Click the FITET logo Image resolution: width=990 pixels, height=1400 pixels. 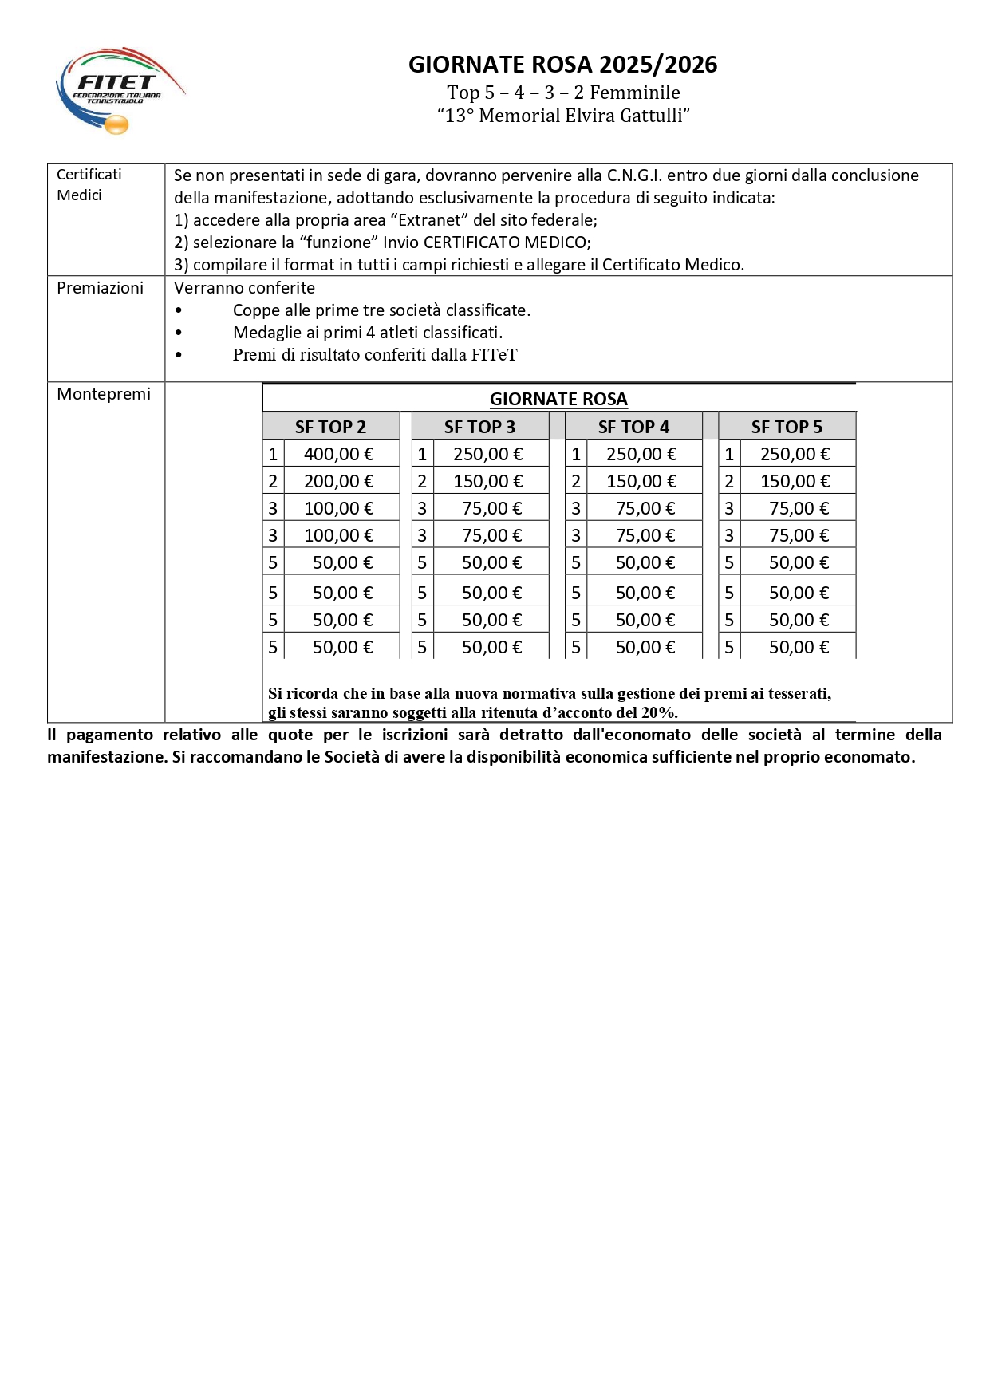(120, 89)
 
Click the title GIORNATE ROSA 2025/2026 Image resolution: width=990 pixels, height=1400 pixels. (562, 65)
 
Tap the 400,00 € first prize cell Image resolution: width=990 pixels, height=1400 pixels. (338, 454)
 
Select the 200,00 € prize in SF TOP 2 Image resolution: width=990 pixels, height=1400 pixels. (338, 481)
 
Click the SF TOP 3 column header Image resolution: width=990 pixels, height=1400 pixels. (479, 427)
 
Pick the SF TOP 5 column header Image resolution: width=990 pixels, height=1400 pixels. (787, 427)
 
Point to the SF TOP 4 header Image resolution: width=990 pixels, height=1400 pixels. (633, 427)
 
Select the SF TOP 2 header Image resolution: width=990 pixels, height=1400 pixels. (330, 427)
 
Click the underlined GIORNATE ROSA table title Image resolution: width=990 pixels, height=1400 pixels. (558, 399)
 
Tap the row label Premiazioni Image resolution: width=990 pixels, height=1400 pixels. (100, 288)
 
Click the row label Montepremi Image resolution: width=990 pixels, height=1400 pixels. (104, 394)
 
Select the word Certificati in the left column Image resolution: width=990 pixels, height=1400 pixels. (89, 175)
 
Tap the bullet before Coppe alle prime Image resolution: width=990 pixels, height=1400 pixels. (179, 310)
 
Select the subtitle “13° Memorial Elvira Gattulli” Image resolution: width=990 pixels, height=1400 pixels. (562, 116)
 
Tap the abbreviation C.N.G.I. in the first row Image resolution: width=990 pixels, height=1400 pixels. (634, 175)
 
